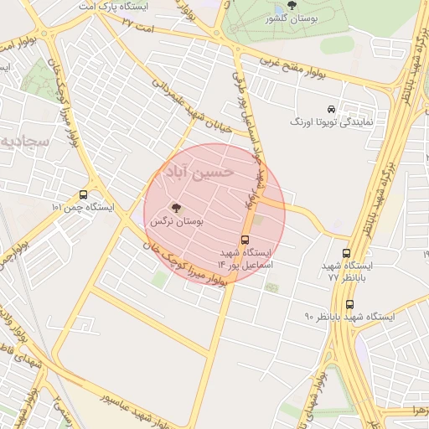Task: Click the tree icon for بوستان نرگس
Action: pyautogui.click(x=175, y=208)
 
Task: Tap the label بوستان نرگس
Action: pyautogui.click(x=177, y=223)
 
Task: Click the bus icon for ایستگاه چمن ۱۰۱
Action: pyautogui.click(x=83, y=194)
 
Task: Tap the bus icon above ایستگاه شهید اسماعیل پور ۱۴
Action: pyautogui.click(x=245, y=240)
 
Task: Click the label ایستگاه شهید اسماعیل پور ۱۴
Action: pyautogui.click(x=246, y=258)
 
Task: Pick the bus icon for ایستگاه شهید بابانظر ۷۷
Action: pyautogui.click(x=346, y=253)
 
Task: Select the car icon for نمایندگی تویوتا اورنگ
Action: pyautogui.click(x=331, y=110)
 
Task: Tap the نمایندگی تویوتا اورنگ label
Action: pyautogui.click(x=331, y=123)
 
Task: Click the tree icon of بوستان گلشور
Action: pyautogui.click(x=314, y=5)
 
